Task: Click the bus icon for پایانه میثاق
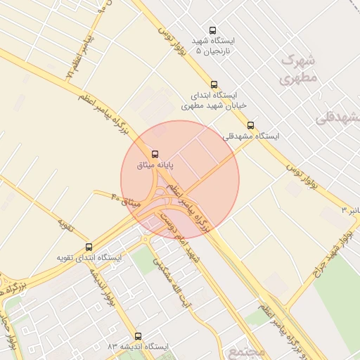(155, 153)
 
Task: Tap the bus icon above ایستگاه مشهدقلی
(251, 125)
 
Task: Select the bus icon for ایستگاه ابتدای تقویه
(89, 247)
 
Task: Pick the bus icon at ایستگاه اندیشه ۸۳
(138, 336)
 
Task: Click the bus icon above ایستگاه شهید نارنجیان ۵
(214, 30)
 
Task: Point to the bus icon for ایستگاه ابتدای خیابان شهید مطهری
(214, 83)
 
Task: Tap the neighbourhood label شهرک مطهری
(299, 68)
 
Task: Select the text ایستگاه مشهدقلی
(251, 136)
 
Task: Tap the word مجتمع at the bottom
(238, 349)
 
